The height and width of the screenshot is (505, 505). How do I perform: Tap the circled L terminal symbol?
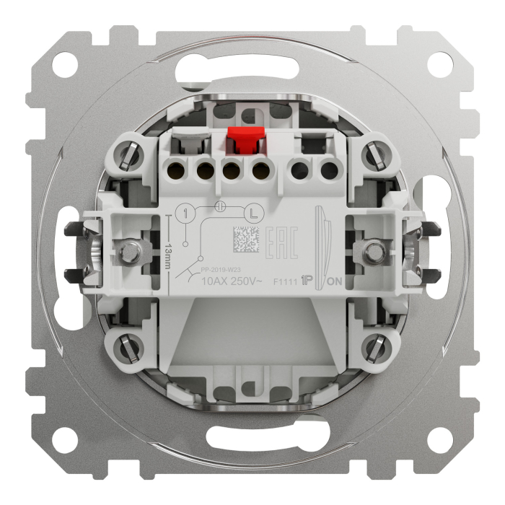[252, 213]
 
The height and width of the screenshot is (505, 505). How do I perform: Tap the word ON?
[335, 282]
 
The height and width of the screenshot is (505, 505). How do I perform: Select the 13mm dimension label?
[168, 255]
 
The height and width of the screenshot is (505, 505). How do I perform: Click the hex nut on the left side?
[131, 252]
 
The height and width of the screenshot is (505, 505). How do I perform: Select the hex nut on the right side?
[374, 252]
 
